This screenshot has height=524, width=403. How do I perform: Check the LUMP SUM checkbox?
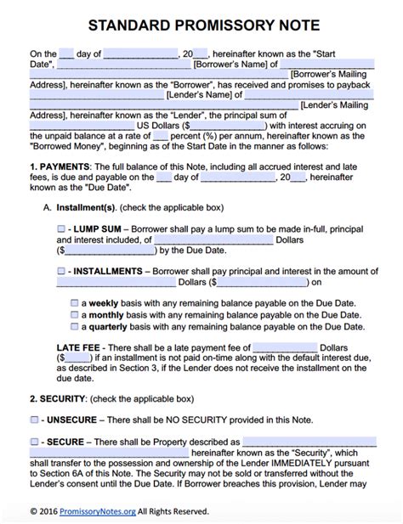coord(61,229)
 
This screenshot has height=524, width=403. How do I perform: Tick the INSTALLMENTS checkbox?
coord(61,271)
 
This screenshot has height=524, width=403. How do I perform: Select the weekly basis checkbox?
coord(74,302)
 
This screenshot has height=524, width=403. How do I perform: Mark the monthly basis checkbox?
coord(74,314)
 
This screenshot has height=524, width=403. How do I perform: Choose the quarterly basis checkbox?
coord(74,325)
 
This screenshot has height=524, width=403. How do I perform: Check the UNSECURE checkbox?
coord(33,420)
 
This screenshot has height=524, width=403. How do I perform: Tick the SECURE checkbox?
coord(33,442)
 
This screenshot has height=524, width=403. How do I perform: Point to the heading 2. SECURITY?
coord(58,398)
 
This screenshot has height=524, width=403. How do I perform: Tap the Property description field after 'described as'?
coord(309,442)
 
